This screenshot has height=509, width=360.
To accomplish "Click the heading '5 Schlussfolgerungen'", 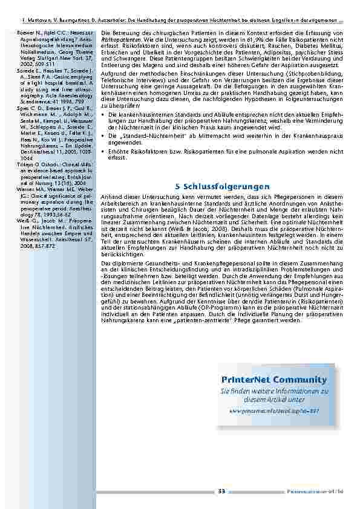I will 222,186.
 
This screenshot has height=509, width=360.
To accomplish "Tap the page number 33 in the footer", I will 221,491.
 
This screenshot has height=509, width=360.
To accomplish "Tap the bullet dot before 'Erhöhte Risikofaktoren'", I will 104,151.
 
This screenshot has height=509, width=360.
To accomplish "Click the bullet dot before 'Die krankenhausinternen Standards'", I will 104,113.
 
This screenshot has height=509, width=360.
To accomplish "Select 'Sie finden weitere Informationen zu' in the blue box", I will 274,391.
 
